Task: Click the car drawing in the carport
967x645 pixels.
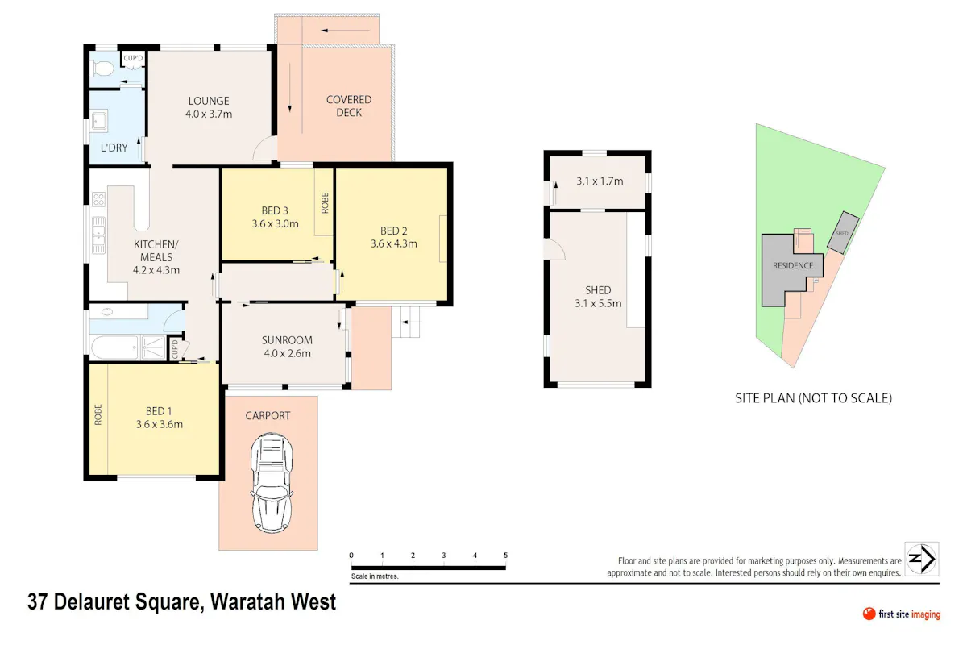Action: (272, 483)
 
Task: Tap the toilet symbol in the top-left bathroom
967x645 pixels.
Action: (102, 69)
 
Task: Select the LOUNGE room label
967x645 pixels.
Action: (209, 101)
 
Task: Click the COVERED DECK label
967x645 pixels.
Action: (349, 106)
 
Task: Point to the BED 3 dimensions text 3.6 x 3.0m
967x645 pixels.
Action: (275, 224)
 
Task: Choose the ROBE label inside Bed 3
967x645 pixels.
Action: (325, 203)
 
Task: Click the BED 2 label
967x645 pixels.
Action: (393, 231)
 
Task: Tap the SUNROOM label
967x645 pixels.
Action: (287, 340)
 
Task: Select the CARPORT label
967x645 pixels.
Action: (268, 415)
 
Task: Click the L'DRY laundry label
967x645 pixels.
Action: (114, 148)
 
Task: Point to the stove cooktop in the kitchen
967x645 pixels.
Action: (98, 200)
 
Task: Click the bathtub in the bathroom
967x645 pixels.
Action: (114, 347)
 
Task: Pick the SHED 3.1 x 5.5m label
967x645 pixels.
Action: (598, 297)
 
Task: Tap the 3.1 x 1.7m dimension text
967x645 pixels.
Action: (600, 181)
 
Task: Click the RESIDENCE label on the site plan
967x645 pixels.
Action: (793, 266)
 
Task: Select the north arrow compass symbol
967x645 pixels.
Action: (922, 559)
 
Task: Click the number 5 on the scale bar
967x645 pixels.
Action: (505, 556)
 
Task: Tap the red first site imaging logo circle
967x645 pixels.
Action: (869, 614)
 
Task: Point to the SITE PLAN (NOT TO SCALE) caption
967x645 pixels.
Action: (813, 398)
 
